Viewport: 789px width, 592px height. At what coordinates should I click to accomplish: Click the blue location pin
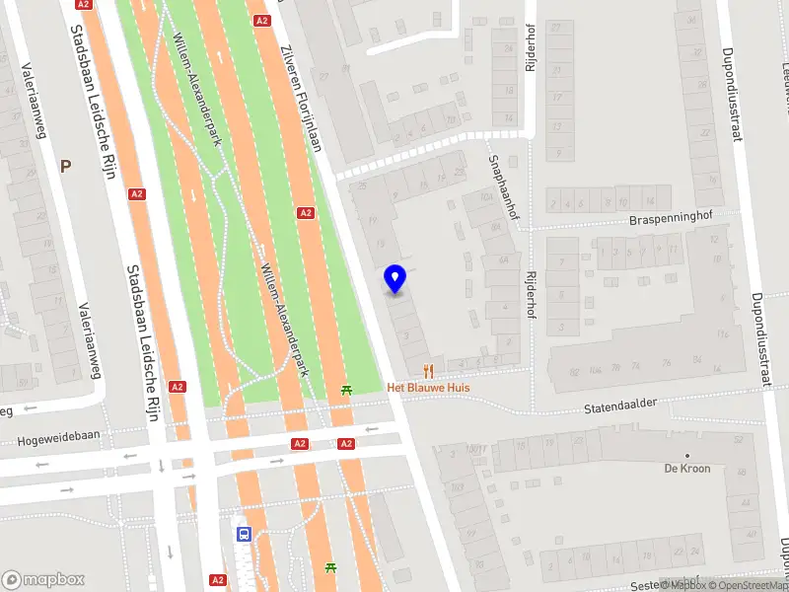coord(395,279)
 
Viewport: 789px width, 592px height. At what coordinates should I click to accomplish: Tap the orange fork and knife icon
coord(428,371)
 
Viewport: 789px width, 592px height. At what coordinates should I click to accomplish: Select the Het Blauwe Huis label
coord(428,388)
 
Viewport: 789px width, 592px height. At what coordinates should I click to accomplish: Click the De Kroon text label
coord(687,469)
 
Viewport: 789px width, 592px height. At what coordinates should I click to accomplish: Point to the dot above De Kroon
coord(687,456)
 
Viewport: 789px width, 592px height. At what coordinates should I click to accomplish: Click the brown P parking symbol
coord(65,166)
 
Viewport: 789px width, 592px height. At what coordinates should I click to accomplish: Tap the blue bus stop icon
coord(243,533)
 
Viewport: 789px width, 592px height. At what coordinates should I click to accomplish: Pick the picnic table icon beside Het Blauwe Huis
coord(346,391)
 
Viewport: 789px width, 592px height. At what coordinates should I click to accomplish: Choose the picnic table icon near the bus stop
coord(330,568)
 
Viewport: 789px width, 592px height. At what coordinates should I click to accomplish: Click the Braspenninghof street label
coord(671,219)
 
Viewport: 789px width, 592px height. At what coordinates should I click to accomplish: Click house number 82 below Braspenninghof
coord(573,372)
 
